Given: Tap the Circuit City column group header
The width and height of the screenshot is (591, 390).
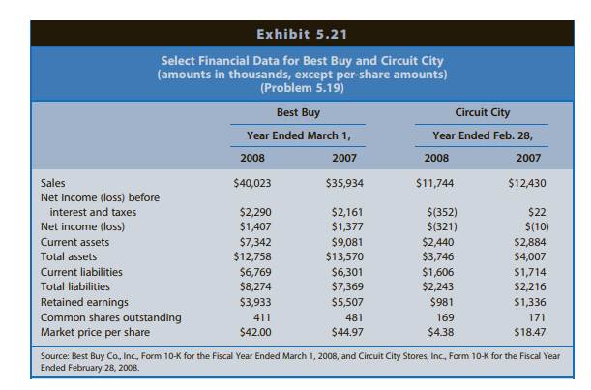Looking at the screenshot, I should (x=483, y=111).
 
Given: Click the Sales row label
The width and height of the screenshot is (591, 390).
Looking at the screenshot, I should (x=54, y=182).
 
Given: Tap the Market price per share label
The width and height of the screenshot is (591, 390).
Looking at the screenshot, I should (x=96, y=331).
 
